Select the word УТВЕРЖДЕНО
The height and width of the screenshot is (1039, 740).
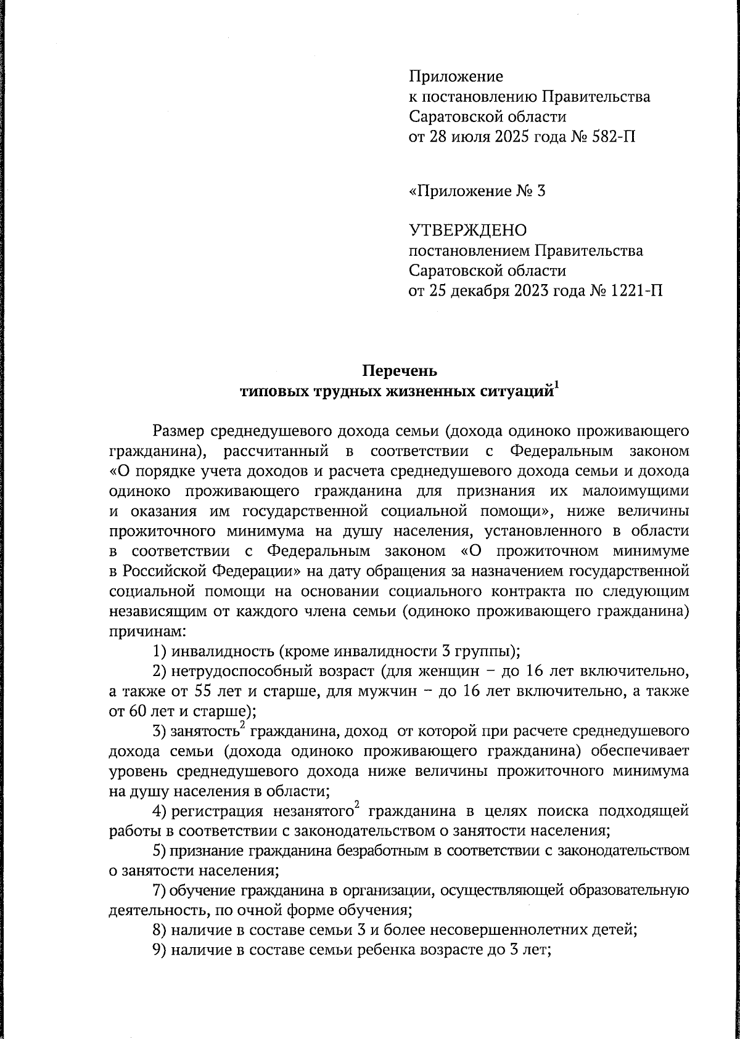pos(468,230)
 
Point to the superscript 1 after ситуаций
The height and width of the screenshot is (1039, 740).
pos(557,386)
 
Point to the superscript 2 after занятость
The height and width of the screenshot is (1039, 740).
pos(243,726)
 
